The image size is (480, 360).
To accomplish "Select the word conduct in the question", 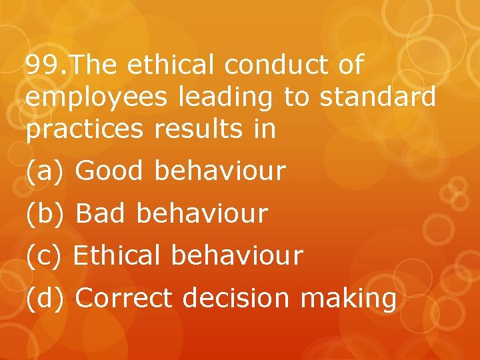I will (277, 65).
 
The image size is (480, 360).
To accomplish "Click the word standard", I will (377, 97).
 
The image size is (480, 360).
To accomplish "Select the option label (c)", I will (44, 255).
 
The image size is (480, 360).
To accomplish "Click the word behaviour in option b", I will (202, 214).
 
